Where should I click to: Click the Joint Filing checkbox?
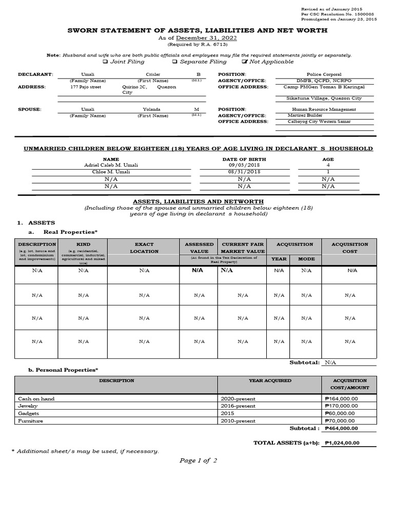pyautogui.click(x=105, y=62)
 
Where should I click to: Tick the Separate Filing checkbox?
pyautogui.click(x=175, y=62)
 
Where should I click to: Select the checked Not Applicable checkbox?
pyautogui.click(x=245, y=62)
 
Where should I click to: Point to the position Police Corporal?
pyautogui.click(x=324, y=74)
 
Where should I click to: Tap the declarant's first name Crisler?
pyautogui.click(x=153, y=74)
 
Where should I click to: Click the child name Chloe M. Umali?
pyautogui.click(x=111, y=172)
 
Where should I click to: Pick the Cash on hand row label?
pyautogui.click(x=36, y=398)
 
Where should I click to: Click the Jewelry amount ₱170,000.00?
pyautogui.click(x=341, y=406)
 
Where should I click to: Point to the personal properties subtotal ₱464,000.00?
pyautogui.click(x=341, y=429)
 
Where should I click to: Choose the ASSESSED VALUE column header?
pyautogui.click(x=200, y=248)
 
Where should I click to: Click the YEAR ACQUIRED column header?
pyautogui.click(x=270, y=381)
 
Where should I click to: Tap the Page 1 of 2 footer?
pyautogui.click(x=198, y=460)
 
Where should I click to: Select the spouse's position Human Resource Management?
pyautogui.click(x=324, y=109)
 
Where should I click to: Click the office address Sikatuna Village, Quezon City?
pyautogui.click(x=324, y=98)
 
